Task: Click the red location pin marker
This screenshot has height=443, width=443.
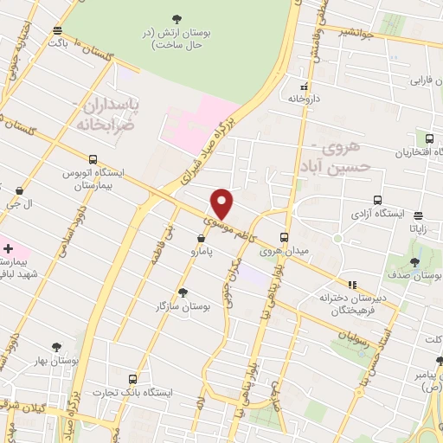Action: [x=222, y=204]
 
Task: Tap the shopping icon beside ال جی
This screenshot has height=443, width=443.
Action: [x=19, y=189]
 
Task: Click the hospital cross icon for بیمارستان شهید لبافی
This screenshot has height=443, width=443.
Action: [x=8, y=249]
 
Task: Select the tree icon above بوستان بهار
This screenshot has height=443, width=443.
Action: [x=57, y=346]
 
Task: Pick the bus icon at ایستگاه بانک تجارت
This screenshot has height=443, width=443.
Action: [x=132, y=379]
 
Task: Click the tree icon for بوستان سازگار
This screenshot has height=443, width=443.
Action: [x=182, y=292]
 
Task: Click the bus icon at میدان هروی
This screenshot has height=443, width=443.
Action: [x=284, y=238]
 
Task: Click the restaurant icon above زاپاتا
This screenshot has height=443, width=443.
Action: [x=420, y=216]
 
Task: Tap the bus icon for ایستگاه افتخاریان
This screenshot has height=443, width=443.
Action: [x=429, y=138]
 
